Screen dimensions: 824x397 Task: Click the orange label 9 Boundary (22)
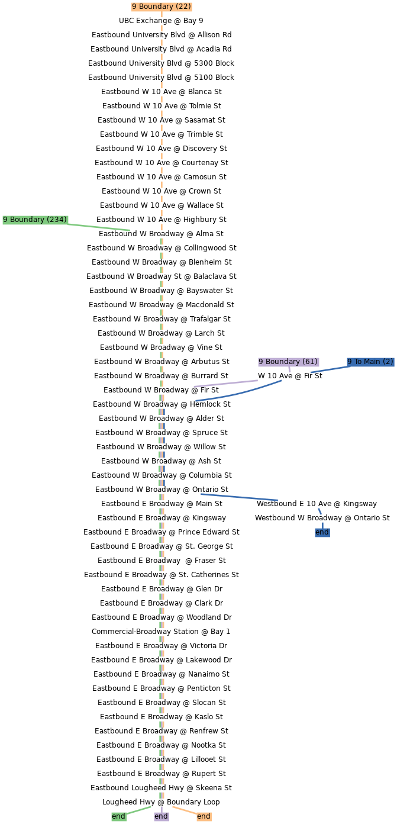tap(162, 7)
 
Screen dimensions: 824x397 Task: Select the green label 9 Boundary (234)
tap(35, 220)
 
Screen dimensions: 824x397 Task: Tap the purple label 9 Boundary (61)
tap(288, 362)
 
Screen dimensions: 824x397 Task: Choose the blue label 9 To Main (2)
tap(370, 362)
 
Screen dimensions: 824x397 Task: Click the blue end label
tap(322, 532)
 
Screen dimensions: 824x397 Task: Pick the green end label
tap(118, 816)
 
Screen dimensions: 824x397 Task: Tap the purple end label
tap(161, 816)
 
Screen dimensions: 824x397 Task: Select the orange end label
tap(204, 816)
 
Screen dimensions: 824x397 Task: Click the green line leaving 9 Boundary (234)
tap(99, 227)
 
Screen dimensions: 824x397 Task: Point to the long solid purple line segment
tap(225, 384)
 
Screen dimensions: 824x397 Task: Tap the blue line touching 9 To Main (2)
tap(330, 369)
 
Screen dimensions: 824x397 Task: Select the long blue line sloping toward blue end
tap(239, 497)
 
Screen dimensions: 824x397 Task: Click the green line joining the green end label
tap(139, 810)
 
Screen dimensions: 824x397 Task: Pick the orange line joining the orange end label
tap(184, 810)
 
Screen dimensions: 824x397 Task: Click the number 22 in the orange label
tap(183, 7)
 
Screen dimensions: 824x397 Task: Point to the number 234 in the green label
tap(57, 220)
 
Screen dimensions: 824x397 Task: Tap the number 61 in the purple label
tap(310, 362)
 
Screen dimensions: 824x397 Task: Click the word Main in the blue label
tap(372, 362)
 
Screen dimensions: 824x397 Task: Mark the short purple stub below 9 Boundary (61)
tap(290, 371)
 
